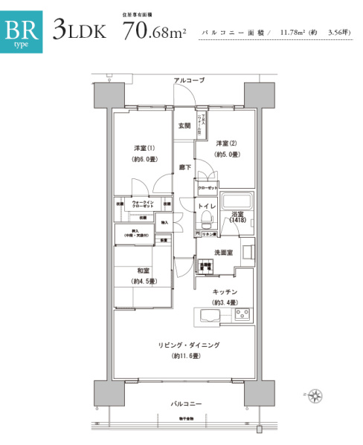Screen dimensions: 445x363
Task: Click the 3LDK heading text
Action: (80, 30)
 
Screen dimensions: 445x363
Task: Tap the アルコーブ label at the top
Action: (189, 79)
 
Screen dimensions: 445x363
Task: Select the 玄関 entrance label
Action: (184, 126)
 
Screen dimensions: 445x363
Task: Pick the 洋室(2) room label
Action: (227, 143)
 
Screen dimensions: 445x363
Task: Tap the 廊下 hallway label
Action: (184, 169)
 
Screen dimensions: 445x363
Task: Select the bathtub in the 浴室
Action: (238, 201)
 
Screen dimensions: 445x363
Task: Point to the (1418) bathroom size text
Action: (237, 221)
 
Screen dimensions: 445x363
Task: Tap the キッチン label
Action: (224, 292)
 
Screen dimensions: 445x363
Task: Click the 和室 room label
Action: (143, 271)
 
